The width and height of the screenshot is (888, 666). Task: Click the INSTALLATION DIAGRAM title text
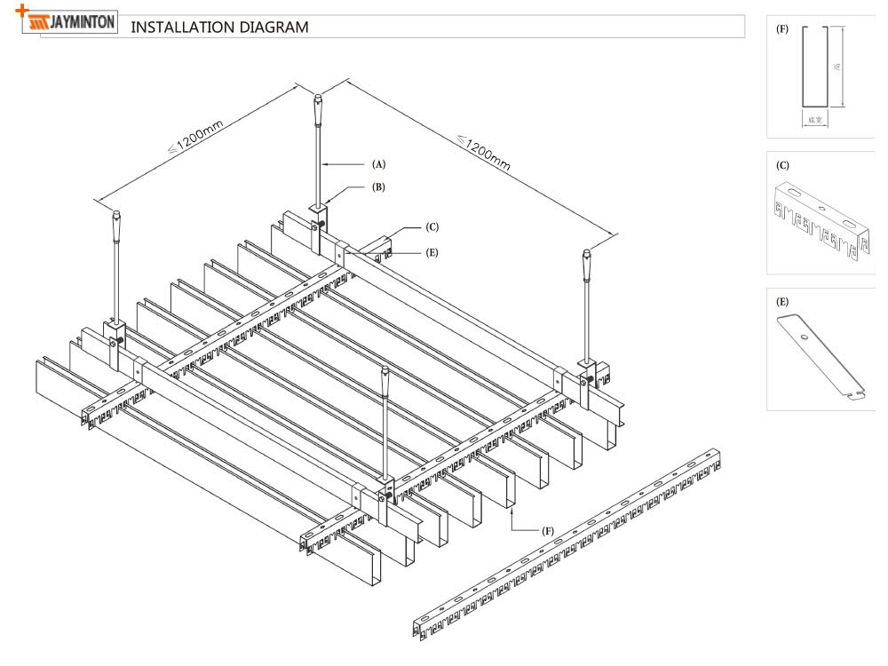pos(219,27)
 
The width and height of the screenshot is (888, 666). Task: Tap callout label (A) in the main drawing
pos(379,164)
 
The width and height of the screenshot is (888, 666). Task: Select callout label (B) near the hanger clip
pos(379,187)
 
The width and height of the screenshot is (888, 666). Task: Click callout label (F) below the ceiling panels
pos(549,530)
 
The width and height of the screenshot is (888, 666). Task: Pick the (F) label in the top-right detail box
pos(782,28)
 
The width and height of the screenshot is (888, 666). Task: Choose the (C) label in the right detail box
pos(782,165)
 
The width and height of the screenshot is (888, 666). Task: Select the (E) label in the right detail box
pos(782,302)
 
